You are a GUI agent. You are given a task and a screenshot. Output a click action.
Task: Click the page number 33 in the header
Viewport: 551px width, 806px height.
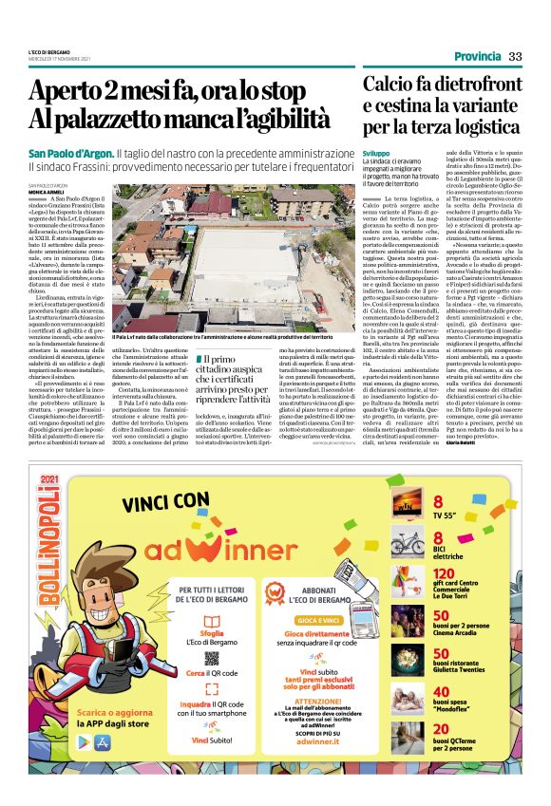point(515,56)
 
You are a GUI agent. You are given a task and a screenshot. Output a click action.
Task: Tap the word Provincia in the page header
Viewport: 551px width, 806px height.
point(478,56)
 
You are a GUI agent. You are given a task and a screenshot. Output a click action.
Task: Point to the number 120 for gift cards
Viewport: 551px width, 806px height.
point(445,573)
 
